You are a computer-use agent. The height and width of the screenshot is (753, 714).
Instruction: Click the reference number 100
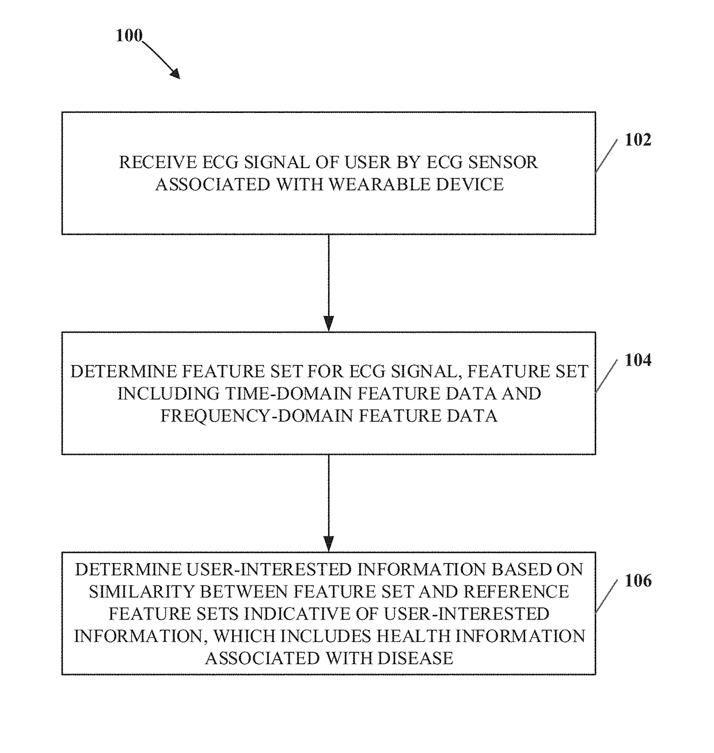pos(129,35)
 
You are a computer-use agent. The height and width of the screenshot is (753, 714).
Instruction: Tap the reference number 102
pos(638,140)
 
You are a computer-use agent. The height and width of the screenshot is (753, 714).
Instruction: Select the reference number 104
pos(638,360)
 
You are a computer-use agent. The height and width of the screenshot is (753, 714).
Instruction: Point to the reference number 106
pos(638,580)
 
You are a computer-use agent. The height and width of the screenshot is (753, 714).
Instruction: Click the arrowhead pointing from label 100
pos(175,74)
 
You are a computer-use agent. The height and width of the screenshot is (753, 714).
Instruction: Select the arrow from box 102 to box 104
pos(328,283)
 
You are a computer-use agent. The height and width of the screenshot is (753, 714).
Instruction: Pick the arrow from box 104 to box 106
pos(328,503)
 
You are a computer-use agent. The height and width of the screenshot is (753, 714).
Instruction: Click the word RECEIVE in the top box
pos(158,162)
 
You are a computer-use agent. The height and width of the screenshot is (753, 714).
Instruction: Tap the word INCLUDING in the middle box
pos(168,393)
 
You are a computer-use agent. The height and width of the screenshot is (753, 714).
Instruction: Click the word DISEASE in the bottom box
pos(415,659)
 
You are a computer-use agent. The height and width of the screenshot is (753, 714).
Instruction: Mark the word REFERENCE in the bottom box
pos(516,592)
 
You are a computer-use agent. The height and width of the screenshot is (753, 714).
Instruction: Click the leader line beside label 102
pos(606,156)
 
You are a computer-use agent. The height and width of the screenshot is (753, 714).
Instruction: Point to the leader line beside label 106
pos(606,596)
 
